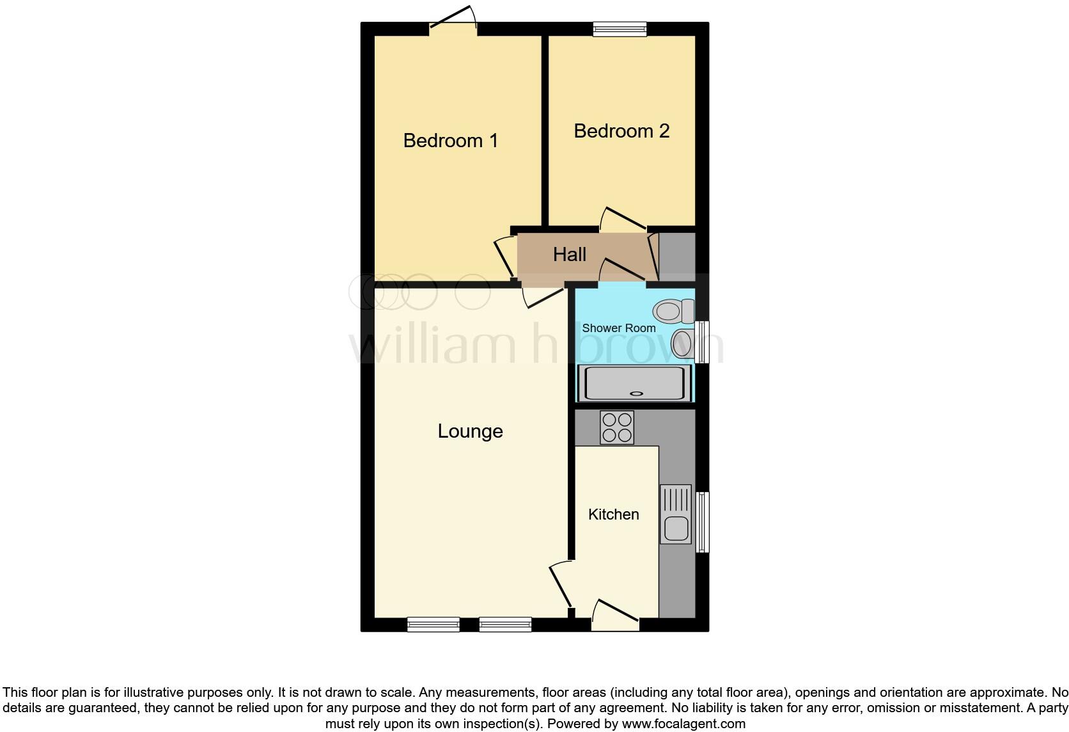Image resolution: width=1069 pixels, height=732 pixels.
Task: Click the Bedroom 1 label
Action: pos(450,141)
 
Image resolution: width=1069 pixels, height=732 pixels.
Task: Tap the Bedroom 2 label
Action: pos(621,131)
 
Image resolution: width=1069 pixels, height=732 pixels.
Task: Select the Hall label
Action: pos(569,255)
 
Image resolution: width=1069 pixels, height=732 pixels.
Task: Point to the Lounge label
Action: pos(470,431)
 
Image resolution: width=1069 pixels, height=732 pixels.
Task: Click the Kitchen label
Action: pos(613,514)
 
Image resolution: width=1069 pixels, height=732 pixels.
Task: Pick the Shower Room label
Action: pos(618,328)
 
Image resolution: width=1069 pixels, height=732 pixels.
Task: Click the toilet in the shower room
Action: pos(672,312)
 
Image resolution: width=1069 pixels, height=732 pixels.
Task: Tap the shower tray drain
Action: pos(636,394)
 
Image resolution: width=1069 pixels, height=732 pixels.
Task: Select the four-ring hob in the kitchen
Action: pos(617,427)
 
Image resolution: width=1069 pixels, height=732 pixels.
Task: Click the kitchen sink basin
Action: pos(676,529)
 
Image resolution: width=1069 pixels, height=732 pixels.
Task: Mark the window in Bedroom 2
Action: pos(620,28)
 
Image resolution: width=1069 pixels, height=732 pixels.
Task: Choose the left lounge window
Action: pos(433,624)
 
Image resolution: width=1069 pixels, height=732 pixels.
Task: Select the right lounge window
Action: pos(505,624)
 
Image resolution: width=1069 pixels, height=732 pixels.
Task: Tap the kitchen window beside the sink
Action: pos(702,521)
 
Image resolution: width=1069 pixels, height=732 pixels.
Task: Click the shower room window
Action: pos(702,342)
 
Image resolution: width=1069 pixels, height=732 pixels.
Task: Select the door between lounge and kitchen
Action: pos(561,585)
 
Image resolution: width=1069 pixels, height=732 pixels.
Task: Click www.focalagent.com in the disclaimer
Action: pos(683,724)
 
